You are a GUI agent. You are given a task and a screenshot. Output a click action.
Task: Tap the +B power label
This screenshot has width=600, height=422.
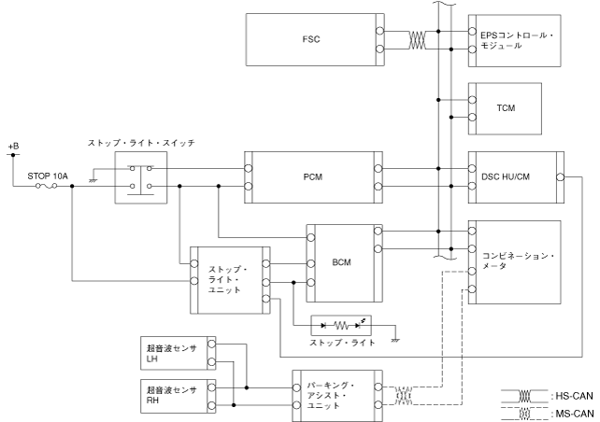[13, 147]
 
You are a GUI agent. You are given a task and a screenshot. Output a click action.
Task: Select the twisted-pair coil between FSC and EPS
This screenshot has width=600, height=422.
[417, 40]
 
